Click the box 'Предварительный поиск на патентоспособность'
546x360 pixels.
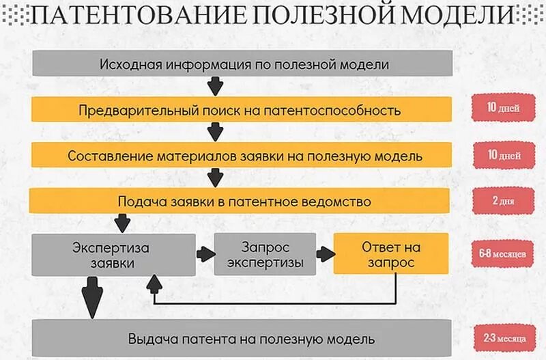pyautogui.click(x=239, y=109)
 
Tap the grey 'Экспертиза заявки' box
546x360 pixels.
pyautogui.click(x=111, y=253)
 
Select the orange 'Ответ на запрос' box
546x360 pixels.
pyautogui.click(x=390, y=253)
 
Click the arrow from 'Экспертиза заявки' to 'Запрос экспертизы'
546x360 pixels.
pyautogui.click(x=203, y=253)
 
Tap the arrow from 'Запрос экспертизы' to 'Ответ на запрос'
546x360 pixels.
pyautogui.click(x=324, y=253)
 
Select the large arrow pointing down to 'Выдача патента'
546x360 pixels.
pyautogui.click(x=91, y=296)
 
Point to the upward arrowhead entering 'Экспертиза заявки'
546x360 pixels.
pyautogui.click(x=156, y=282)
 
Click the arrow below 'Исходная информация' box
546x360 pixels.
pyautogui.click(x=216, y=87)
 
